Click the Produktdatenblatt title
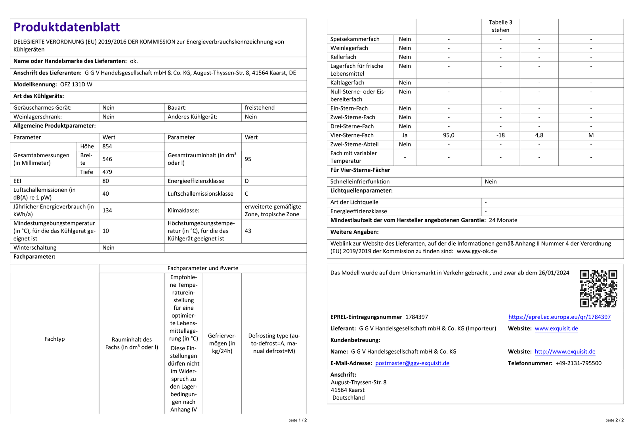[x=67, y=27]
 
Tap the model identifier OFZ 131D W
[x=76, y=84]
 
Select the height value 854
[x=107, y=146]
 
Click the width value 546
[x=107, y=159]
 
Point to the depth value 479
[x=107, y=172]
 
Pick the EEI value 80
[x=105, y=181]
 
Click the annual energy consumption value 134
[x=107, y=210]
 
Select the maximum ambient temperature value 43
[x=248, y=231]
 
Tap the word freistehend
[x=260, y=108]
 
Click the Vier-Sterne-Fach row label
[x=352, y=135]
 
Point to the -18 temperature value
[x=500, y=135]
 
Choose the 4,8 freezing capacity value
[x=539, y=135]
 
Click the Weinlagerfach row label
[x=349, y=48]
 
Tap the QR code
[x=598, y=288]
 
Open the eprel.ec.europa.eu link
[x=560, y=317]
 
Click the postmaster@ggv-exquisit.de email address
[x=412, y=363]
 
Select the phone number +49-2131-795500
[x=578, y=363]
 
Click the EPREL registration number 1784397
[x=416, y=317]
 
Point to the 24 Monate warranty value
[x=503, y=220]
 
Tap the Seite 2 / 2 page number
[x=614, y=420]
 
